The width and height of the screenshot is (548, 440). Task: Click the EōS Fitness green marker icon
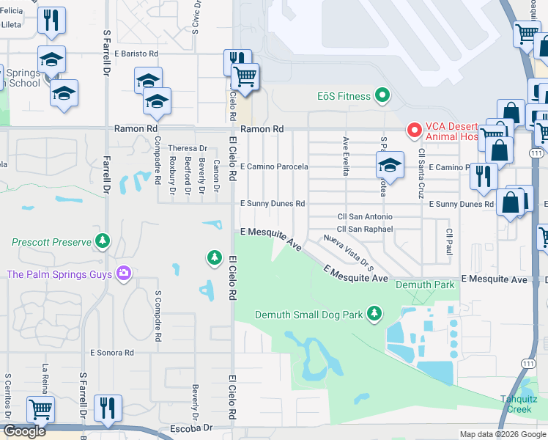(x=381, y=96)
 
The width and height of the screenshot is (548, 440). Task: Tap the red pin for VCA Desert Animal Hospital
(x=414, y=131)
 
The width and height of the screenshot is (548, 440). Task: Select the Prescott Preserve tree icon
(x=103, y=241)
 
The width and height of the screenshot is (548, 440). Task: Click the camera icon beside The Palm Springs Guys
(x=123, y=274)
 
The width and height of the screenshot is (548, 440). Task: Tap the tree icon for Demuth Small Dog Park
(x=374, y=315)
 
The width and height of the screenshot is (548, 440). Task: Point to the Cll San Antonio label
(x=364, y=216)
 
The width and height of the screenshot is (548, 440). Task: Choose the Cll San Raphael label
(x=365, y=229)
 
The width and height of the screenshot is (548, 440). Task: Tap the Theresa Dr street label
(x=188, y=148)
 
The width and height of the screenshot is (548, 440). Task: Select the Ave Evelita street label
(x=346, y=156)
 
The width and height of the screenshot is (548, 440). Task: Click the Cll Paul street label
(x=448, y=243)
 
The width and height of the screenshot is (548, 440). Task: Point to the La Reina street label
(x=45, y=378)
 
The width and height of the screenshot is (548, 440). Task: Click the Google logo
(x=24, y=431)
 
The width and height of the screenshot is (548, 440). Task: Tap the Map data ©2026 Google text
(x=502, y=434)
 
